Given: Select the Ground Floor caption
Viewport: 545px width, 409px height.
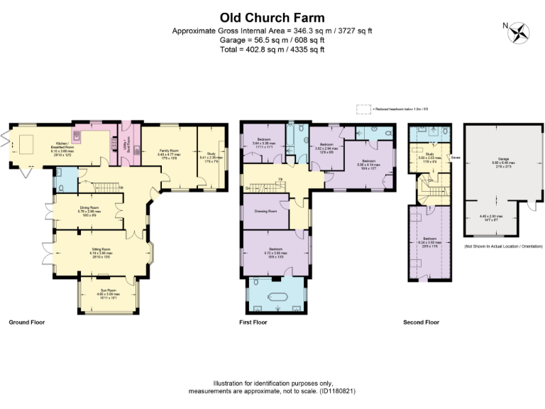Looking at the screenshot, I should click(x=26, y=322).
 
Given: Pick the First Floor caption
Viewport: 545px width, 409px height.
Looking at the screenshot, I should click(x=253, y=322).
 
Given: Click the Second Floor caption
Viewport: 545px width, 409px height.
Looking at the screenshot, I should click(x=421, y=322).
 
